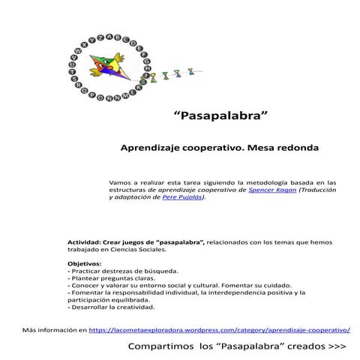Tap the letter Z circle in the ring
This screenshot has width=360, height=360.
coord(101,37)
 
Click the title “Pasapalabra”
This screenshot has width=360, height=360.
coord(220,117)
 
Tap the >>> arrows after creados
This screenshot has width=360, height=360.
coord(337,347)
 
